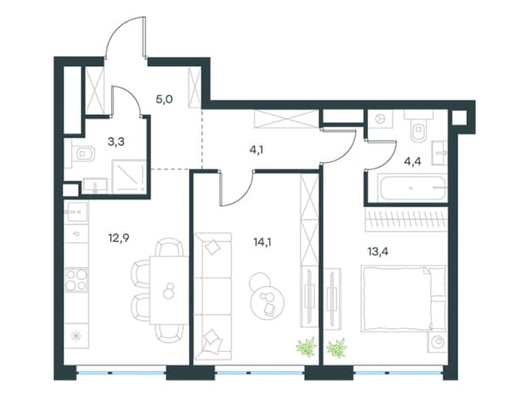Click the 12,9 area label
point(119,238)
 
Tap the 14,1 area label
point(262,242)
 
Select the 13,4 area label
point(378,251)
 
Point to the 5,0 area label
point(164,99)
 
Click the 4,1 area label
point(257,149)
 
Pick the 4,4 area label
point(413,162)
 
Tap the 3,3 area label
point(116,142)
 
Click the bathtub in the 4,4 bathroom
point(412,187)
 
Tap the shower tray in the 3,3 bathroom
point(128,176)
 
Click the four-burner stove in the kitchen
point(76,280)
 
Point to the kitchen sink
point(76,212)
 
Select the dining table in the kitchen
point(169,290)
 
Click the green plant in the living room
point(307,347)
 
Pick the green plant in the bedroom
point(336,348)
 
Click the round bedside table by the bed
point(438,343)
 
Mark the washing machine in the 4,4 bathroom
point(381,119)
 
